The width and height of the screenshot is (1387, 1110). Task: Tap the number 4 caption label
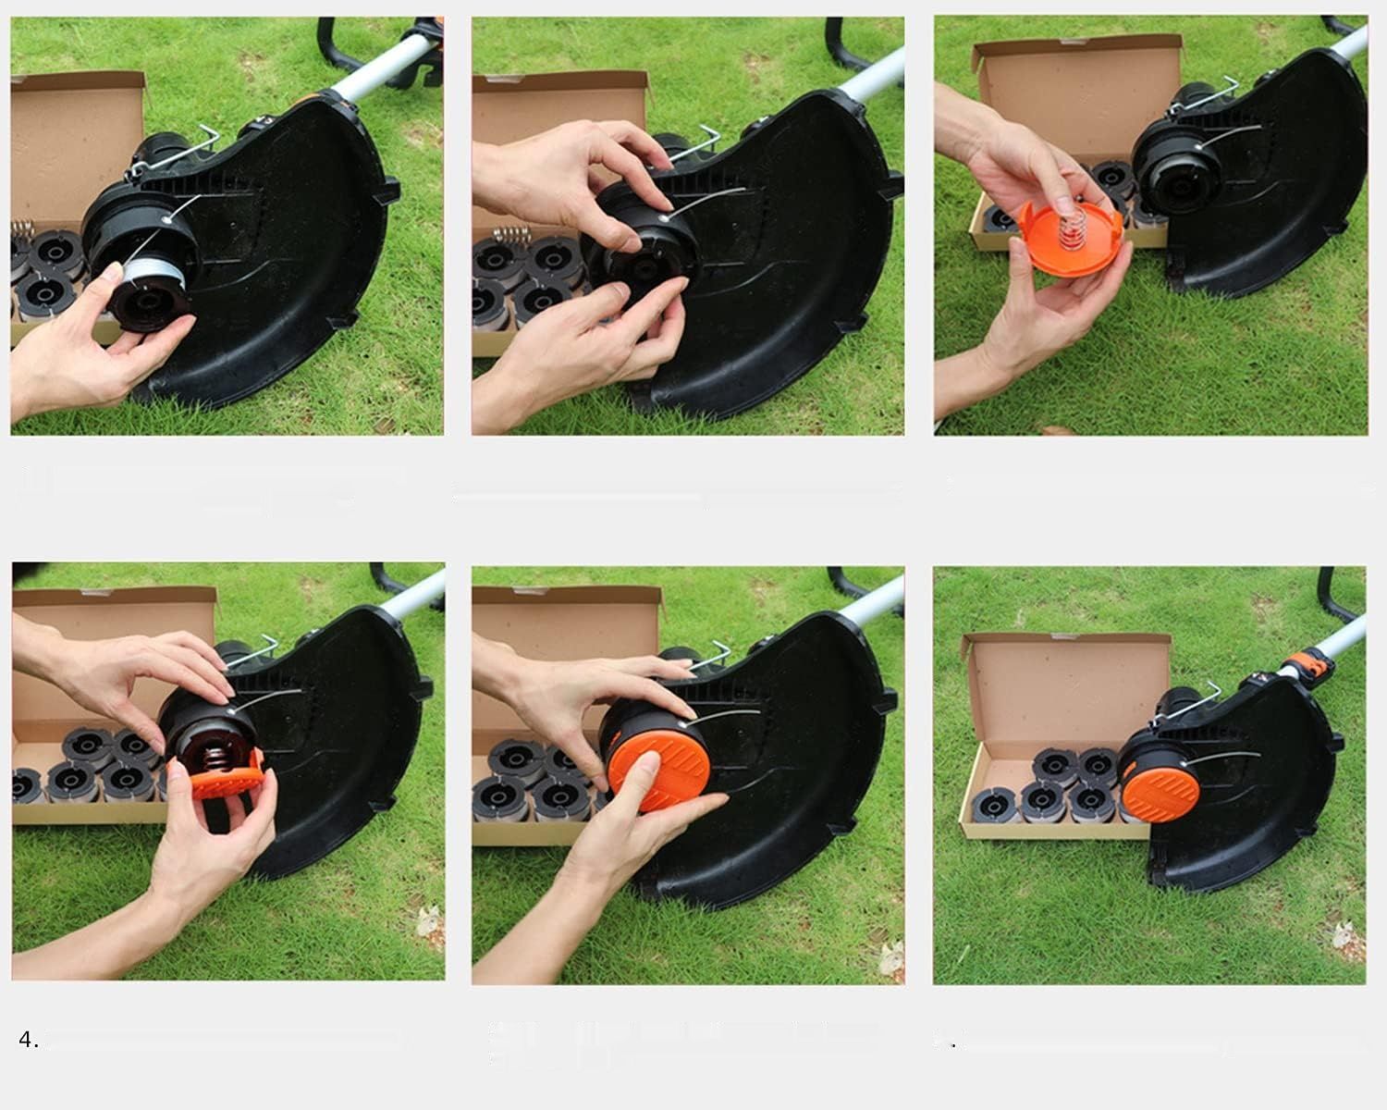pos(29,1040)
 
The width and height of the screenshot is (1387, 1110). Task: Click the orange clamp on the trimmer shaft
pos(1308,665)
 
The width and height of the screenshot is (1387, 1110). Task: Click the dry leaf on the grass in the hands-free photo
pos(1354,922)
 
